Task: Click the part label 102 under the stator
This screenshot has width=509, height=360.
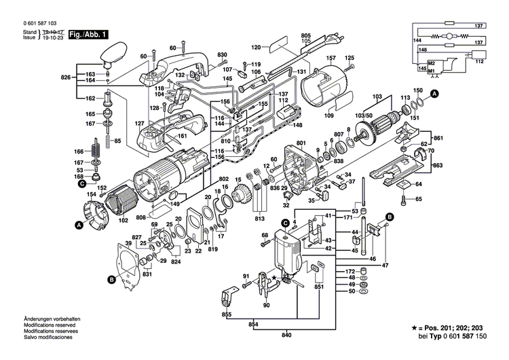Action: pos(124,219)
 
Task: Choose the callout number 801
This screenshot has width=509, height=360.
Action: pos(301,143)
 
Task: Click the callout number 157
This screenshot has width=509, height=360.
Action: pos(333,58)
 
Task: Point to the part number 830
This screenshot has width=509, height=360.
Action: pos(222,54)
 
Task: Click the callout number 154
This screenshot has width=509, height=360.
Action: pos(90,195)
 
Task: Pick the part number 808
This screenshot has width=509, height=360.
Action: pos(140,217)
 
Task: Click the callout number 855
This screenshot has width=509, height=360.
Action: pos(225,316)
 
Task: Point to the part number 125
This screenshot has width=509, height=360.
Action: pos(350,58)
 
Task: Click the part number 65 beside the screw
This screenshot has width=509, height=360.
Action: pos(418,199)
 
